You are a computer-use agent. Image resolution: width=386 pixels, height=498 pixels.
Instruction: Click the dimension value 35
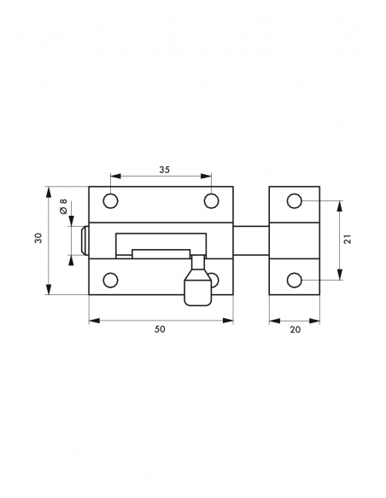164,170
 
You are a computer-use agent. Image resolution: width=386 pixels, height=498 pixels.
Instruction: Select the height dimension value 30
38,240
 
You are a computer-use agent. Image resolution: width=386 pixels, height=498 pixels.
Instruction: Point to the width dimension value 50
160,328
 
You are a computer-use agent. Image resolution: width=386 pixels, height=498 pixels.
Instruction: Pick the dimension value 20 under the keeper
295,328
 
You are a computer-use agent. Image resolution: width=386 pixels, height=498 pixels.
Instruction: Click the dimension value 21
348,240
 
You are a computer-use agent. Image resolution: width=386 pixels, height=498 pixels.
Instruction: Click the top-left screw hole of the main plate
110,201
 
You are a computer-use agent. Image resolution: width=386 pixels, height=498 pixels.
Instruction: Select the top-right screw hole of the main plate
211,201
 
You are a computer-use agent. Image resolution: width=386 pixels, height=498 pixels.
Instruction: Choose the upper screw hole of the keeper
294,201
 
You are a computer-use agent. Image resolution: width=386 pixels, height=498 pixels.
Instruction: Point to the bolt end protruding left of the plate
85,240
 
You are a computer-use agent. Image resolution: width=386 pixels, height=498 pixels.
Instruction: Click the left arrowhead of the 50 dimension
92,321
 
